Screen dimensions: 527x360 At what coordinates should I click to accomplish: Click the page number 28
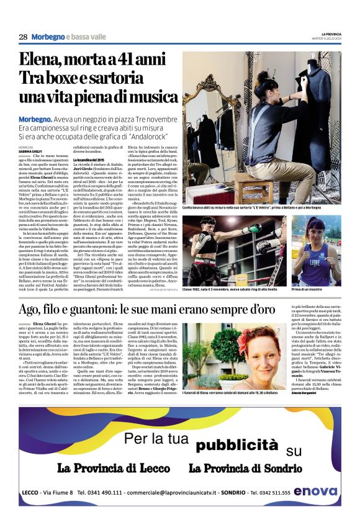[x=23, y=37]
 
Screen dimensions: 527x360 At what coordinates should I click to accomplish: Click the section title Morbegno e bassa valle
[x=68, y=37]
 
